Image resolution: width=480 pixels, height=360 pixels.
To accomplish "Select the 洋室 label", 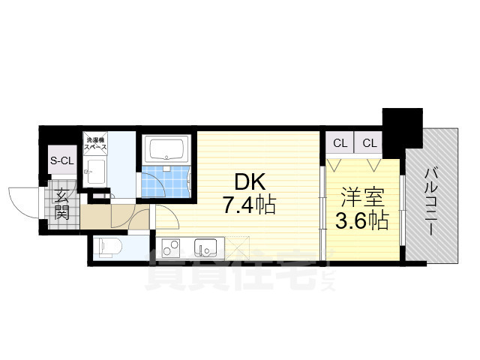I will tap(361, 199).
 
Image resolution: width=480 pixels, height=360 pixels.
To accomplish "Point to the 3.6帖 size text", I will tap(361, 221).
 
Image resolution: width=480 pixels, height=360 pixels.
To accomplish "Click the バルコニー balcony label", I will tap(432, 201).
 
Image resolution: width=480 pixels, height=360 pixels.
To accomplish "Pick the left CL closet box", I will tap(340, 142).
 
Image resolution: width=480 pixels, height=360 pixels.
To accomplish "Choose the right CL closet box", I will tap(370, 142).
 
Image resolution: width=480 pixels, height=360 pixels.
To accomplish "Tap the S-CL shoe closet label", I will tap(62, 160).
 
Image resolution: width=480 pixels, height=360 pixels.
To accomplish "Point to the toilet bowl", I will tap(107, 245).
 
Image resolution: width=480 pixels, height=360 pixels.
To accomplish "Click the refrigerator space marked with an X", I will tap(238, 245).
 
